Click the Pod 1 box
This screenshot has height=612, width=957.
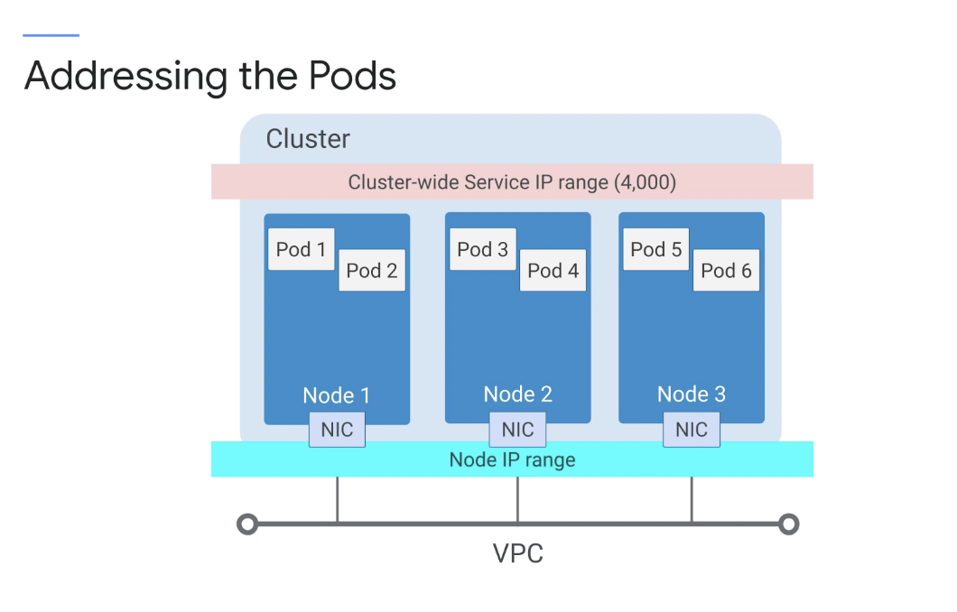coord(301,249)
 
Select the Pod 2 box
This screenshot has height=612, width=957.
coord(372,270)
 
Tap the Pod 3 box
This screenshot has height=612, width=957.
coord(483,249)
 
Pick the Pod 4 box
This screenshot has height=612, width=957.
coord(553,270)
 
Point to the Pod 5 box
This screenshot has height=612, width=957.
coord(656,249)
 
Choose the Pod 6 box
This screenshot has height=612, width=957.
coord(726,270)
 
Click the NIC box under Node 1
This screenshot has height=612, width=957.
coord(337,430)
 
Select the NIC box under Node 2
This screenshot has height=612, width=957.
coord(517,430)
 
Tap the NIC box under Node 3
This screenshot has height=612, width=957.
coord(692,430)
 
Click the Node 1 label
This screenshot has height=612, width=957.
coord(336,395)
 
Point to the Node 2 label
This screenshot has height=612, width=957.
coord(517,394)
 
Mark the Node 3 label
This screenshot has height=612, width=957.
coord(692,394)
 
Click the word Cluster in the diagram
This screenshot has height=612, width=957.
coord(308,139)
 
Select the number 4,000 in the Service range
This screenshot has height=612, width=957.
coord(646,181)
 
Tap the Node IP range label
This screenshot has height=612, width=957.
coord(512,459)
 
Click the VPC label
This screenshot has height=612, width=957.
coord(517,553)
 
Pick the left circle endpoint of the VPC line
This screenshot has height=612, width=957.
coord(247,524)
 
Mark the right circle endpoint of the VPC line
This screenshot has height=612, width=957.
coord(788,524)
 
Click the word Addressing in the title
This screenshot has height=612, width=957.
coord(125,77)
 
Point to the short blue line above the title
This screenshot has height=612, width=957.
coord(51,35)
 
